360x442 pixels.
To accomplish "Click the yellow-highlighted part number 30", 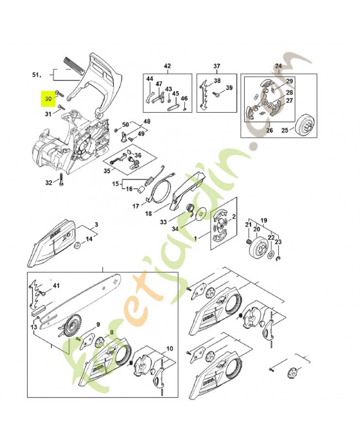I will tap(48, 99).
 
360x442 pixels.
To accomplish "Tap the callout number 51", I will tap(37, 74).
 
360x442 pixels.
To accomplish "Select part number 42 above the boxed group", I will tap(167, 66).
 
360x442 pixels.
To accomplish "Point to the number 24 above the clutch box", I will tap(278, 66).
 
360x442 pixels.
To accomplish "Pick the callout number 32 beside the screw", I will tap(48, 182).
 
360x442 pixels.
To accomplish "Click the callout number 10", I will tap(170, 349).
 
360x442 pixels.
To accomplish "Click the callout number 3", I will tap(96, 224).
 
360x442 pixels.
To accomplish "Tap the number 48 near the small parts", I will tap(147, 121).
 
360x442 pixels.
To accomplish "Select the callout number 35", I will tap(107, 171).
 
